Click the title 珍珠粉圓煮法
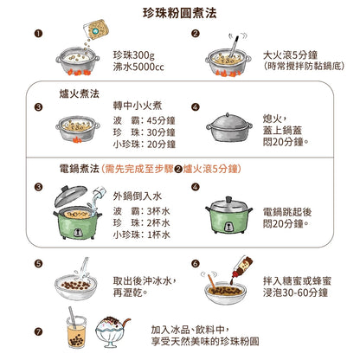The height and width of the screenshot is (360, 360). pos(180,13)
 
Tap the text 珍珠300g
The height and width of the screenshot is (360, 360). pos(134,55)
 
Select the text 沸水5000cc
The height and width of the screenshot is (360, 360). pos(138,67)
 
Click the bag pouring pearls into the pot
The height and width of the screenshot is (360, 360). pos(96,29)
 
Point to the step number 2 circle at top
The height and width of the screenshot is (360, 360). pos(196,34)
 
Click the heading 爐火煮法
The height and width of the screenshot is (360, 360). pos(79,93)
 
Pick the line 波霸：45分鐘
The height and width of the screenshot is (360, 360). pos(145,120)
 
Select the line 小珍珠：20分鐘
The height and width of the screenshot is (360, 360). pos(145,144)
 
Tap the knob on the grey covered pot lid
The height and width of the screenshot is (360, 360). pos(228,115)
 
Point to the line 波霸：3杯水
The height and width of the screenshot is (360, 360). pos(141,211)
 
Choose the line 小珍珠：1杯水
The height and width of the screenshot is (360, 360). pos(141,235)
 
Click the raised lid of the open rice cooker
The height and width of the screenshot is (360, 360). pos(70,196)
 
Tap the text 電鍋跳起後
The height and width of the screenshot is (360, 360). pos(287,212)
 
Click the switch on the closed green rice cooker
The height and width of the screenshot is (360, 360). pos(228,226)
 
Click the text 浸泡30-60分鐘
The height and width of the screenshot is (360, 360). pos(295,292)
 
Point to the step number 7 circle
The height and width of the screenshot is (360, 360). pos(38,331)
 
